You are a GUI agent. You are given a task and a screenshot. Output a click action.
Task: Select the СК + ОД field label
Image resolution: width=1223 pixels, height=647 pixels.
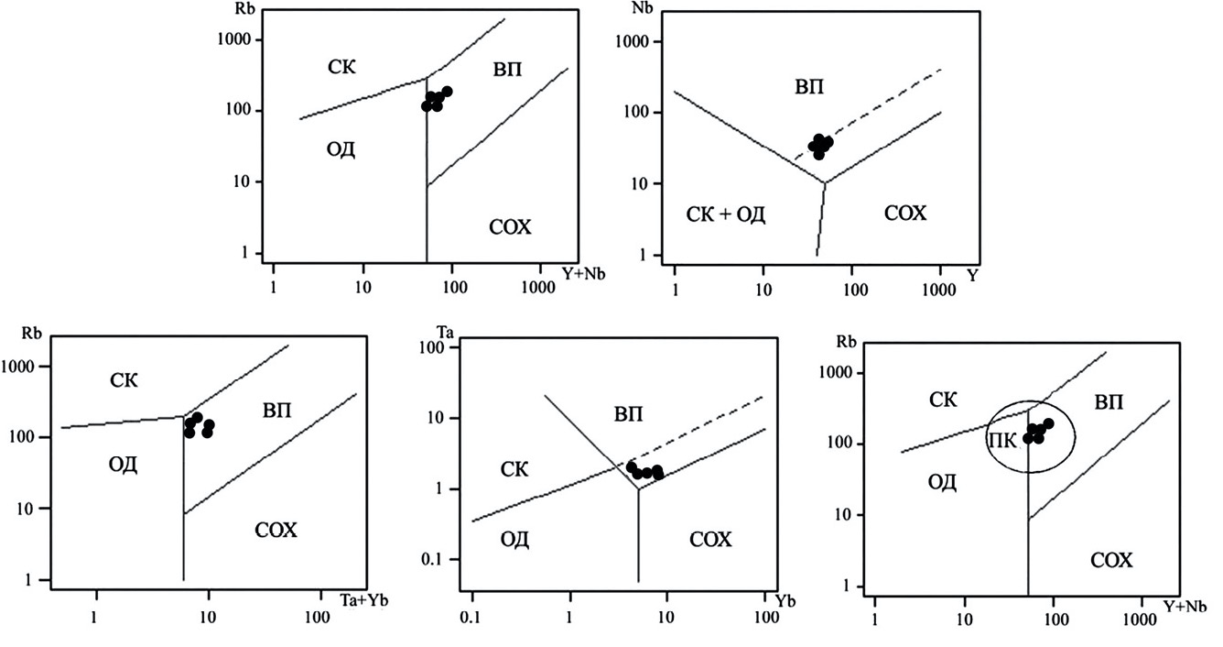[x=725, y=214]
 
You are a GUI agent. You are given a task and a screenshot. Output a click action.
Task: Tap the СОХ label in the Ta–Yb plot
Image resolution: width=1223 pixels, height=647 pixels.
[x=710, y=540]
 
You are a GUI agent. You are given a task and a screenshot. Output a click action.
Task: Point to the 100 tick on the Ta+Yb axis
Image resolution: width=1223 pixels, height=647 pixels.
[x=319, y=615]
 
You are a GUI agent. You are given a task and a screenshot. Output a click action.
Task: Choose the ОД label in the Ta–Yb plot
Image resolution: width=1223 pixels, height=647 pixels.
[x=515, y=539]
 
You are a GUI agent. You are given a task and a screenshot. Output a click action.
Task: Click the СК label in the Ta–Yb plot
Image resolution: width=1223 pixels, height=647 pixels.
[x=515, y=470]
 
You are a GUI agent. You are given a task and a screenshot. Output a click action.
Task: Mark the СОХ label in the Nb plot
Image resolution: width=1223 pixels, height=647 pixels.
[x=905, y=214]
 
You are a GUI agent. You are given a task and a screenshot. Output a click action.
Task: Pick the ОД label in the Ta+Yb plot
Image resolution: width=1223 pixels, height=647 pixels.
[x=122, y=465]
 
